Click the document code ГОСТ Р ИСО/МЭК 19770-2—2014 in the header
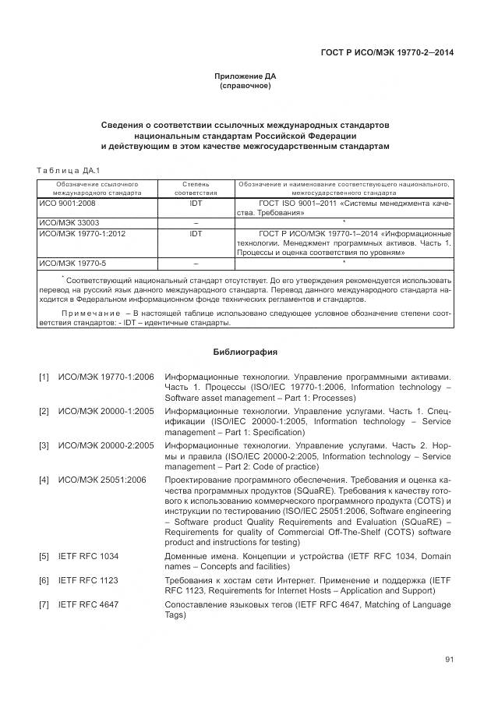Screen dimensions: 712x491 387,53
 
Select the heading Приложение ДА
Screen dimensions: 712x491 245,76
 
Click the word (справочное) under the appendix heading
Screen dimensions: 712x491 245,86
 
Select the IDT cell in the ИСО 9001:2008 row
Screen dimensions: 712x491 195,202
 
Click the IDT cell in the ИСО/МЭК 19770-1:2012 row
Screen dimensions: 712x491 195,232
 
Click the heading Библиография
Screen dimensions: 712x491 245,351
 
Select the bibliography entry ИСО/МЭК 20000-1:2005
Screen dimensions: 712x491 106,411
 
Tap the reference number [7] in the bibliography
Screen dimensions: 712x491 44,605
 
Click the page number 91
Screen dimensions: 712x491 449,660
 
